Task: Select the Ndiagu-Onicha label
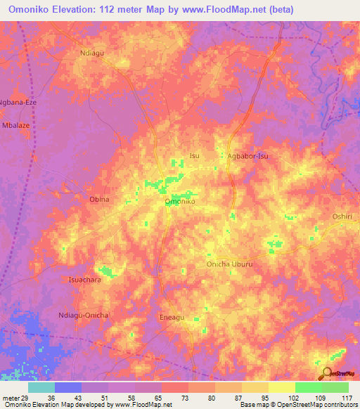(x=84, y=315)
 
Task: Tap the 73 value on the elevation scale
(x=173, y=398)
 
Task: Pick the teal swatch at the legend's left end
(x=41, y=387)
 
